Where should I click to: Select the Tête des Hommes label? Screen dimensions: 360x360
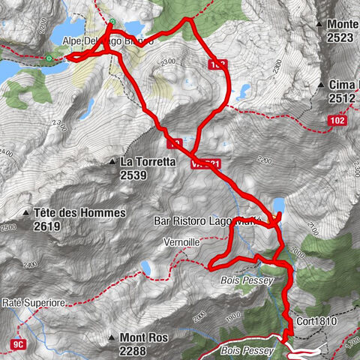click(x=79, y=213)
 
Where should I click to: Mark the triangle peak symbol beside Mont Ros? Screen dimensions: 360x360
click(x=112, y=337)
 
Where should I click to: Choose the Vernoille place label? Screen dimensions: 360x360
click(x=181, y=243)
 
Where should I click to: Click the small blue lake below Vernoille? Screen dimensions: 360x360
click(x=146, y=268)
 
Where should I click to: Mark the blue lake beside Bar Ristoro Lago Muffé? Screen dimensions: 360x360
click(x=278, y=204)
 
